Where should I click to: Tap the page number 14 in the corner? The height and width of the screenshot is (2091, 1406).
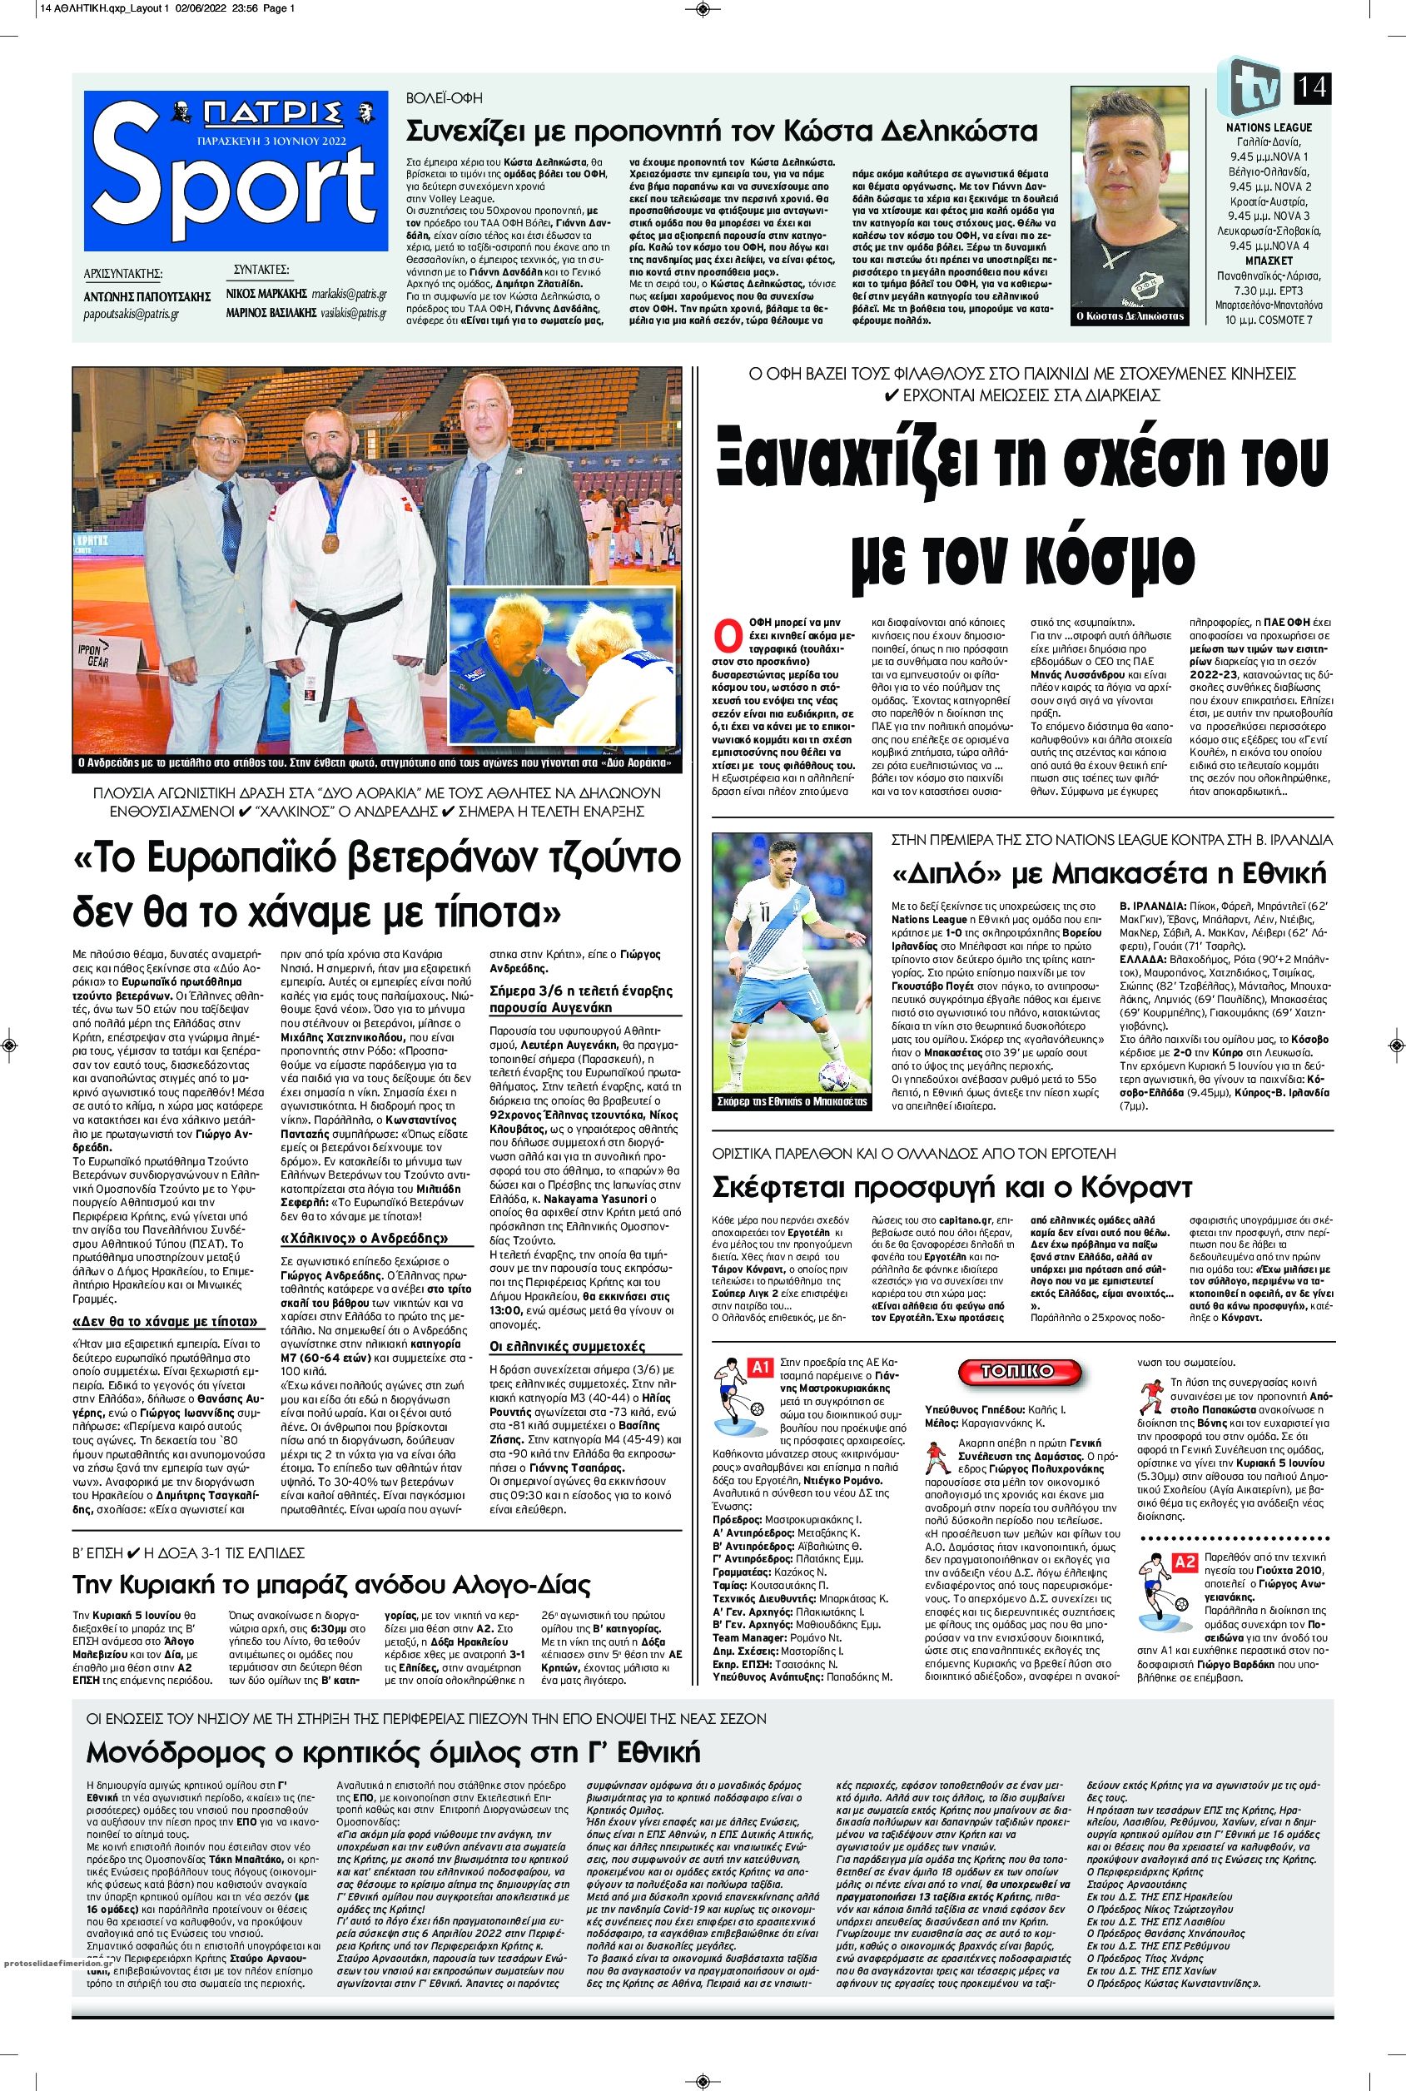coord(1312,90)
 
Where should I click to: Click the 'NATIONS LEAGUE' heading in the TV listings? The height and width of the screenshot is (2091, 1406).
coord(1269,127)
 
